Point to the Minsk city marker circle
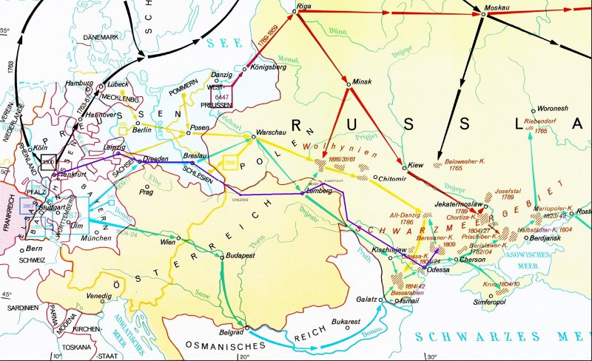(x=347, y=86)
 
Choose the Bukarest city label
(x=346, y=322)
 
